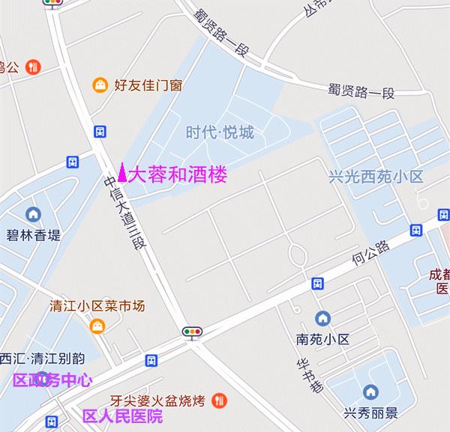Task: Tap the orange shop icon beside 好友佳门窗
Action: [99, 85]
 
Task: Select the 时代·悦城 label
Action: [220, 133]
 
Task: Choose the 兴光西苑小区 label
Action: [376, 177]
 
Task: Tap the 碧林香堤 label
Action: [34, 235]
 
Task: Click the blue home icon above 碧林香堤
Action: [33, 214]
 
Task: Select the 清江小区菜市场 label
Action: [97, 305]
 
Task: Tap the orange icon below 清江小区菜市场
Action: [97, 326]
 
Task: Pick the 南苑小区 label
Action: [323, 339]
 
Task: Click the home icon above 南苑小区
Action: [322, 318]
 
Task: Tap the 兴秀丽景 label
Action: [370, 413]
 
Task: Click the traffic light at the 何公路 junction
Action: [193, 331]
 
